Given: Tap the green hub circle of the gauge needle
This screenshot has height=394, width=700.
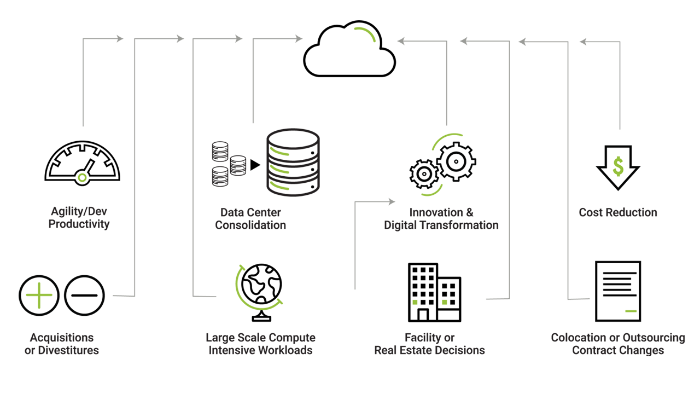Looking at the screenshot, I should pos(83,176).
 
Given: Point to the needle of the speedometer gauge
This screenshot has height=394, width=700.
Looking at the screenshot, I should pos(88,167).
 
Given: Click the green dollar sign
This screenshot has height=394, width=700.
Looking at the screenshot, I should pos(618,166).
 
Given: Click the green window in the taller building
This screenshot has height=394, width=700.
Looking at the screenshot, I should pos(415,302).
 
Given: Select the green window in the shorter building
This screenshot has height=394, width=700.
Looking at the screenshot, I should pos(445,302).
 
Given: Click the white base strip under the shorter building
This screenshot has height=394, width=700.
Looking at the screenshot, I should pos(450,316).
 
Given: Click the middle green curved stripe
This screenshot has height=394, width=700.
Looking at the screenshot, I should pos(282,169).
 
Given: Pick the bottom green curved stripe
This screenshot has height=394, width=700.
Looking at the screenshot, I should pos(282,186).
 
